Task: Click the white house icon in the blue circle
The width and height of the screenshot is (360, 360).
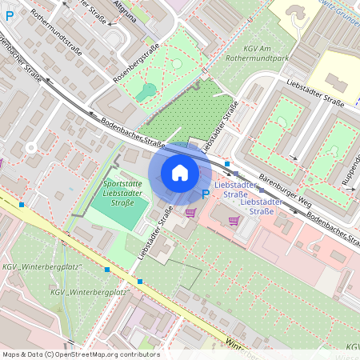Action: [x=180, y=172]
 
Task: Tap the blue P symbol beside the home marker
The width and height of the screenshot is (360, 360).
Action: [x=206, y=193]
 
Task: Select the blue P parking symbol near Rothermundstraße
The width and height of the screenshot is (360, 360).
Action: [x=10, y=37]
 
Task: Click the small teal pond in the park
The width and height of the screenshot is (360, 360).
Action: [x=146, y=91]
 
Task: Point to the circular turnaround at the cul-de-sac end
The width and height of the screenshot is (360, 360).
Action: [x=30, y=147]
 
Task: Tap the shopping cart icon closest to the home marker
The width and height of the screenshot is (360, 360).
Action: [x=190, y=213]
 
